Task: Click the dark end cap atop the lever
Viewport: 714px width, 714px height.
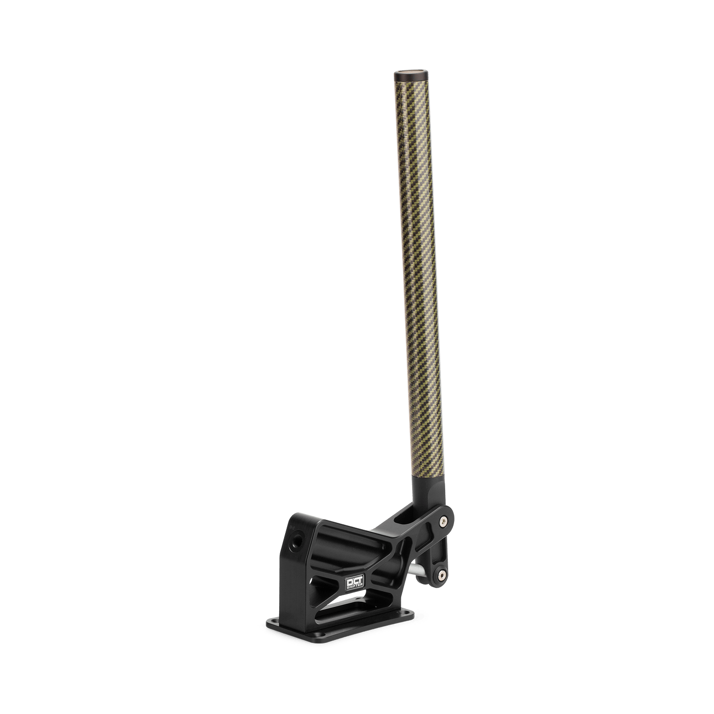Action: (x=411, y=77)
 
